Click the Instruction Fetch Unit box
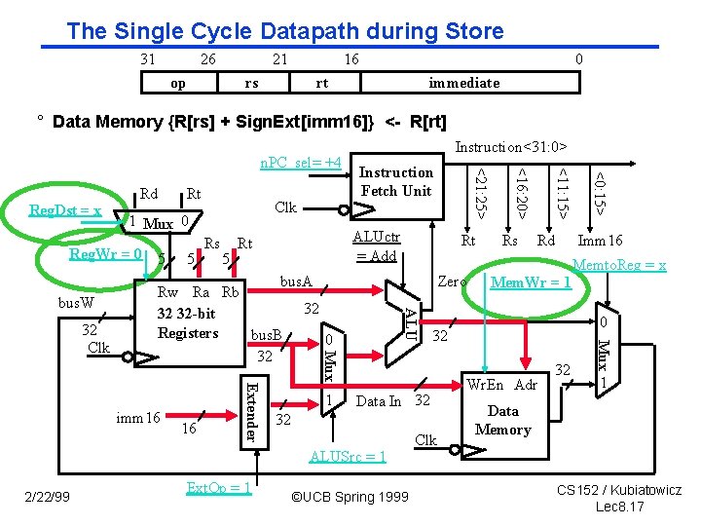click(395, 181)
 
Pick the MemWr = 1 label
click(532, 283)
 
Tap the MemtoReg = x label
click(619, 264)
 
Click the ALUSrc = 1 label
click(347, 456)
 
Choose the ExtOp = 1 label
click(218, 487)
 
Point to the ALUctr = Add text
click(376, 245)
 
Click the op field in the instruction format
click(178, 83)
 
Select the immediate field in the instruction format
click(464, 83)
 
